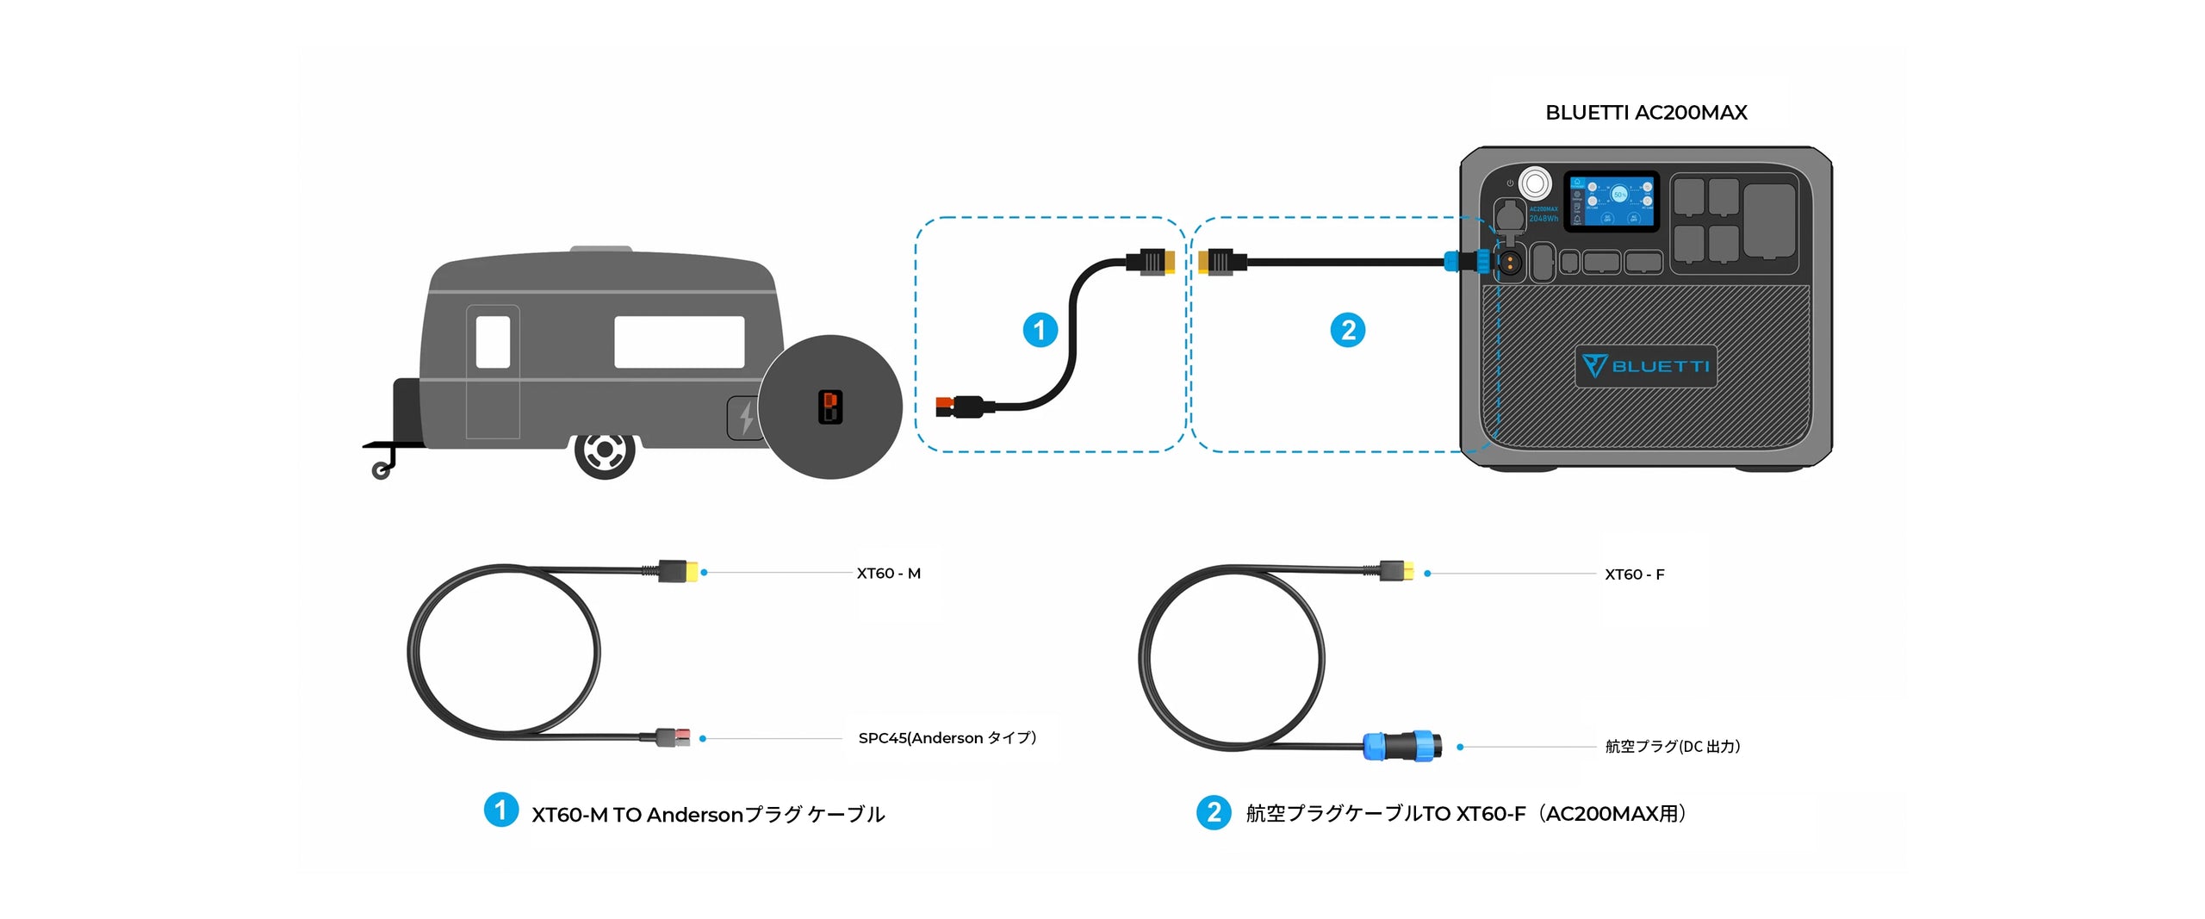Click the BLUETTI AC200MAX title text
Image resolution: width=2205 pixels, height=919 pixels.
click(x=1645, y=113)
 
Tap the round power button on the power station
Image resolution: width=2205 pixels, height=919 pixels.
click(x=1534, y=183)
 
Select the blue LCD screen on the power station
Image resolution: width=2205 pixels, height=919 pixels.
click(x=1611, y=201)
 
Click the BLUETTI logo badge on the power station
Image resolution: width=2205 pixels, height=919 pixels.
click(x=1645, y=366)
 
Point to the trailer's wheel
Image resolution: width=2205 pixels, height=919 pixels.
click(x=605, y=450)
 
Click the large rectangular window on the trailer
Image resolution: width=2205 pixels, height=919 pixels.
click(x=679, y=342)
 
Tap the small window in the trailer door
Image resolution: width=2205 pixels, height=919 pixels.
click(x=493, y=342)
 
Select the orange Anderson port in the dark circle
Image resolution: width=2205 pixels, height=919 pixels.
click(x=829, y=407)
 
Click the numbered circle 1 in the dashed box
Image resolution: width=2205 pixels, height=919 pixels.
click(x=1040, y=330)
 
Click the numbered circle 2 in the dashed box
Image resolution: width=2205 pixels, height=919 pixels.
click(x=1348, y=330)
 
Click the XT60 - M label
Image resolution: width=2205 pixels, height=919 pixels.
click(x=888, y=574)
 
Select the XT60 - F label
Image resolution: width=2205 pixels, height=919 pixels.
click(x=1634, y=574)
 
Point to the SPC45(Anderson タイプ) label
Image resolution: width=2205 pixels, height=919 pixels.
click(x=947, y=738)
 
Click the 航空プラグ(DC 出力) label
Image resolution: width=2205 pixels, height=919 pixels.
click(x=1672, y=747)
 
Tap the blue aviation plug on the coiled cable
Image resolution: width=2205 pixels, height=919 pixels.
click(x=1402, y=745)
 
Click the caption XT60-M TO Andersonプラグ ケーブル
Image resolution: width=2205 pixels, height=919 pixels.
click(x=707, y=815)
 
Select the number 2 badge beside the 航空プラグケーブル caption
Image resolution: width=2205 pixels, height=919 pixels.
click(x=1214, y=812)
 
